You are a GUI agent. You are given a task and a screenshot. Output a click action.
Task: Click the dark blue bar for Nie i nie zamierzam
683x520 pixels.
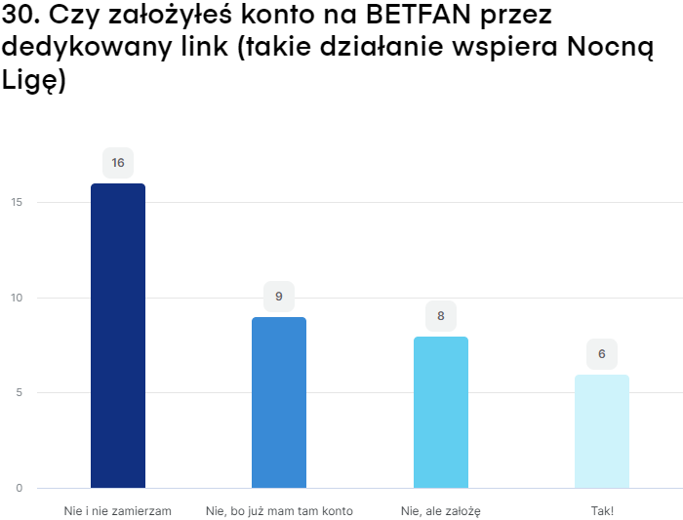(118, 336)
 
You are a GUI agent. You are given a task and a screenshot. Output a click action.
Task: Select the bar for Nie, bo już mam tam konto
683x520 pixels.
(279, 402)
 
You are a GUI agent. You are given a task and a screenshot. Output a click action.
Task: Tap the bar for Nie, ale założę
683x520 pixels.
(441, 412)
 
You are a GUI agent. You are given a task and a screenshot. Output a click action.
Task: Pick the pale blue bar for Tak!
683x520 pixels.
(602, 431)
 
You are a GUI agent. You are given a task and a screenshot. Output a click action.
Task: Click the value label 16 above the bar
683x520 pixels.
(118, 163)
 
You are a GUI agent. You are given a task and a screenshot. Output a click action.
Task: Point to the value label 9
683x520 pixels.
(279, 297)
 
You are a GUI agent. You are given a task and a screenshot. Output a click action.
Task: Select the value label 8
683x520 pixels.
(441, 316)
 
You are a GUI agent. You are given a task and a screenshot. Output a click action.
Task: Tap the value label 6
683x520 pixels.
(602, 354)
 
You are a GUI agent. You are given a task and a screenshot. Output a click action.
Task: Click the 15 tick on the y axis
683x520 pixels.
(18, 203)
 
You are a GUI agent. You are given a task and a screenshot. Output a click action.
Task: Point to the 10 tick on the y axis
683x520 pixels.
(18, 298)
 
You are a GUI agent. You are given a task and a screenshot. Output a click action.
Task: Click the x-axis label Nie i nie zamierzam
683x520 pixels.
(118, 511)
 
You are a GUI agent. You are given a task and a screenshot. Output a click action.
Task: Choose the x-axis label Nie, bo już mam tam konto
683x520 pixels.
(279, 511)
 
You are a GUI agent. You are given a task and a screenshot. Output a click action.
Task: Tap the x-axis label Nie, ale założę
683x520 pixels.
(441, 511)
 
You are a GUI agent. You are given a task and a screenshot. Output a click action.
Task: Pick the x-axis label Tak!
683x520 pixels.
(602, 511)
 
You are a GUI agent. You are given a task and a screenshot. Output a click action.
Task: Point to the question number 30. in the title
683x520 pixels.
(21, 17)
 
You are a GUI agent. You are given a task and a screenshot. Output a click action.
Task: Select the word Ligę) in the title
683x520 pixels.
(34, 82)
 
